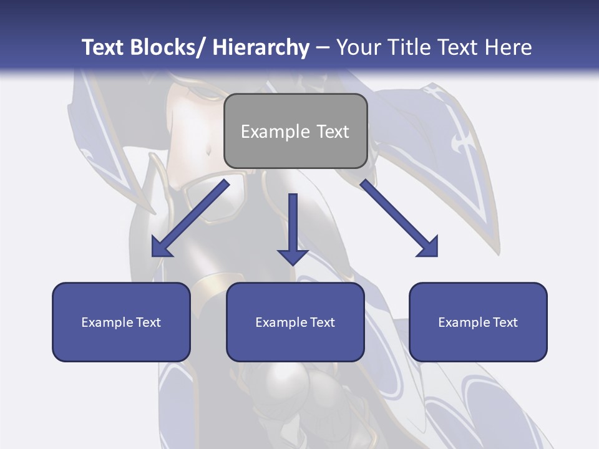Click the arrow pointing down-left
click(190, 218)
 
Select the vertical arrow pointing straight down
click(293, 228)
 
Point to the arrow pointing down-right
click(399, 218)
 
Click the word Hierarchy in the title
click(261, 47)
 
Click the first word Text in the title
click(104, 47)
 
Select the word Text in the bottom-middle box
click(322, 322)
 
